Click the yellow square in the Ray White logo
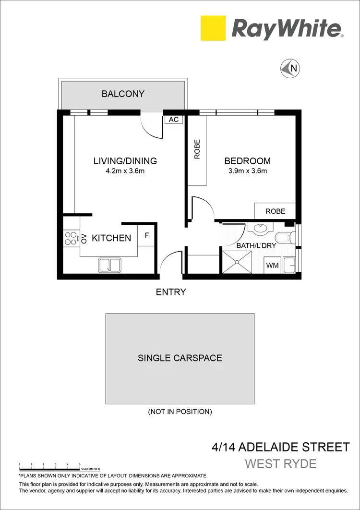pos(213,28)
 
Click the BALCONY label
pos(123,94)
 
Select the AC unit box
pos(174,119)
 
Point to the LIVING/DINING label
pos(125,161)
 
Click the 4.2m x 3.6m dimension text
pos(125,170)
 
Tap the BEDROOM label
pos(248,161)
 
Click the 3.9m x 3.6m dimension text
pos(248,170)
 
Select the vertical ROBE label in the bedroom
pos(197,149)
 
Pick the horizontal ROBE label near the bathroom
pos(275,211)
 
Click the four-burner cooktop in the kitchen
pos(71,238)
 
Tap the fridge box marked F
pos(147,236)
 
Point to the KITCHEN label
pos(111,238)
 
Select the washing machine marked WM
pos(272,265)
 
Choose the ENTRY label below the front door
pos(171,291)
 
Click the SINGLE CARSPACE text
pos(180,358)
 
